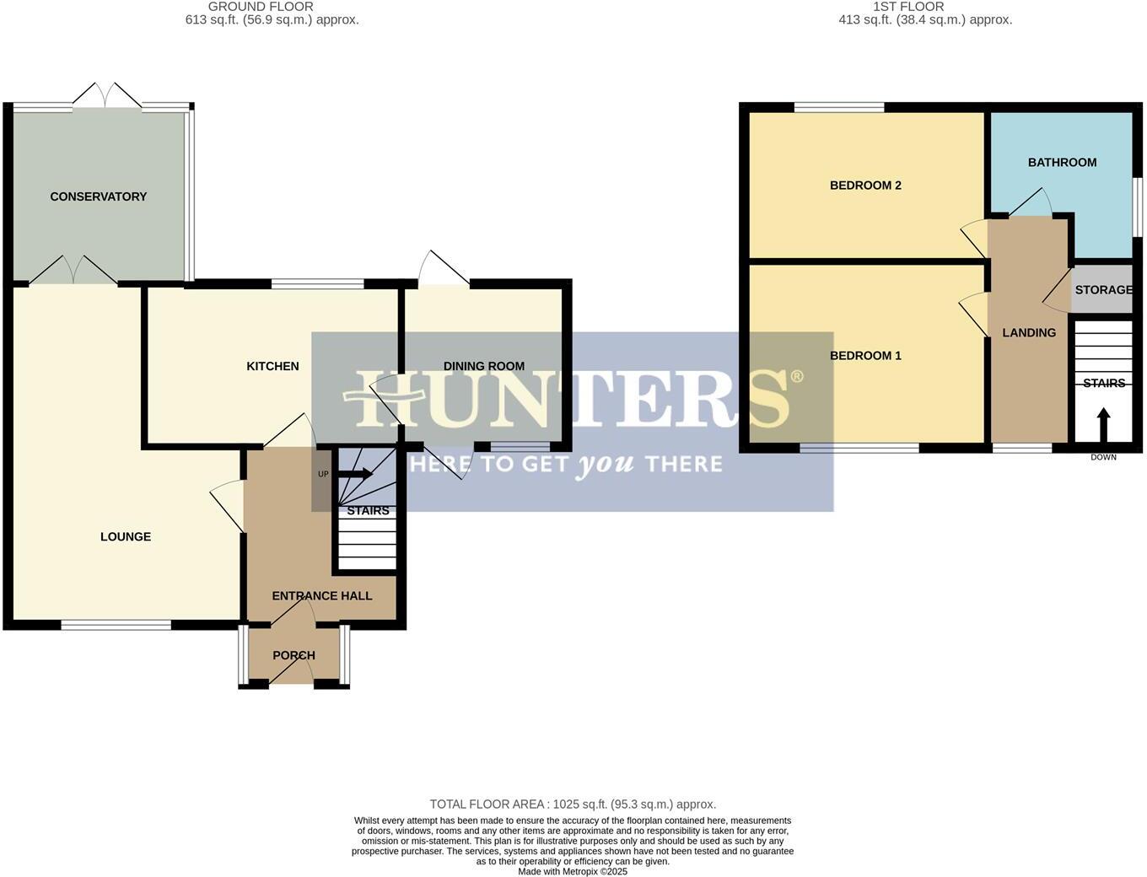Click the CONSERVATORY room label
(x=98, y=196)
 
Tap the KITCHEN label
(x=272, y=366)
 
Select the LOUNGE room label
(x=126, y=536)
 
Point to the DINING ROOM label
(x=484, y=366)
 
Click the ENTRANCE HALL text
(x=321, y=595)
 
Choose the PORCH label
(x=293, y=655)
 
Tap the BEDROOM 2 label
(x=865, y=185)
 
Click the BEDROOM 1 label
(x=865, y=355)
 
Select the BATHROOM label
(x=1062, y=162)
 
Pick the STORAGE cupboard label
(x=1103, y=289)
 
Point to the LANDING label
(x=1029, y=332)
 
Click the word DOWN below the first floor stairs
(x=1103, y=457)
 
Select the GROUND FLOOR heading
(x=261, y=7)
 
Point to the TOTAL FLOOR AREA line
(x=573, y=804)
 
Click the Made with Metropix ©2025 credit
(x=573, y=871)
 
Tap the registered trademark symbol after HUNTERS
(x=796, y=377)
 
